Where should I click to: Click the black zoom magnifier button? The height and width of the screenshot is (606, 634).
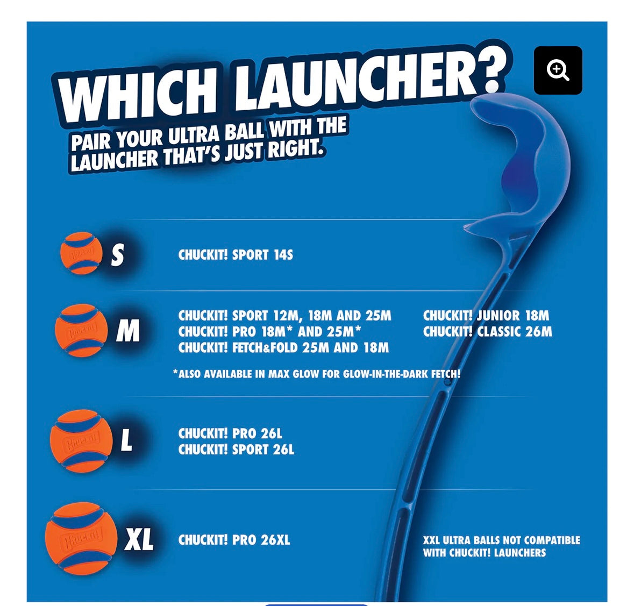coord(558,70)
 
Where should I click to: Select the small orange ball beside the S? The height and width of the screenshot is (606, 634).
coord(81,253)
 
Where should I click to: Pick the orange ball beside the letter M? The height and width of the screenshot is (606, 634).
coord(81,330)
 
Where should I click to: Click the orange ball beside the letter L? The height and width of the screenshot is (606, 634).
coord(81,440)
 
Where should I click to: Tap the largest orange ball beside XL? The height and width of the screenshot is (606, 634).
coord(81,538)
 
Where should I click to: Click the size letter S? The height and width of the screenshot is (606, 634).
coord(117,255)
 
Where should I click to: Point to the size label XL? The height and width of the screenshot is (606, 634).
coord(139,539)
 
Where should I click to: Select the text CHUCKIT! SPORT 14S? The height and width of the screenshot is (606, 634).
coord(236,255)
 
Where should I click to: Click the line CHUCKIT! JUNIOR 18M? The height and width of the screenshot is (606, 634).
coord(486,315)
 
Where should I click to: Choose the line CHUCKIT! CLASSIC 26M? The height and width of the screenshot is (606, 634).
coord(487,332)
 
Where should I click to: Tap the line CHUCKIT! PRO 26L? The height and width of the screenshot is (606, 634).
coord(230,433)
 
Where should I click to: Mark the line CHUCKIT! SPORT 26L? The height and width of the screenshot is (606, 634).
coord(236,450)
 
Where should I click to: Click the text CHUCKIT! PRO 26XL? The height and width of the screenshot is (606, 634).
coord(234,540)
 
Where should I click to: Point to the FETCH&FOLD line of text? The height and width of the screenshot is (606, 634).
coord(283,348)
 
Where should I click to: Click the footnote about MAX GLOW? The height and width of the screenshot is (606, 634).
coord(317,374)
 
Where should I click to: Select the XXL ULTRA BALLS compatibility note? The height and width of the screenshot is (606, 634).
coord(501,546)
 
